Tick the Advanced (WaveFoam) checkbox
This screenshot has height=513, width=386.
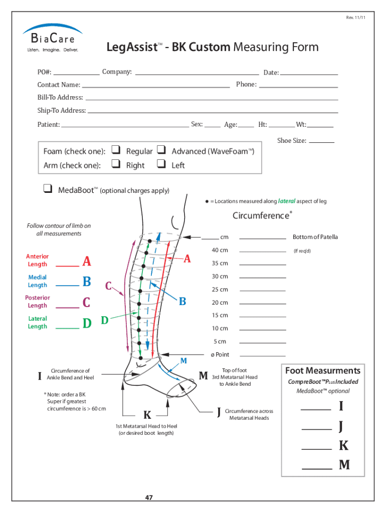coord(161,149)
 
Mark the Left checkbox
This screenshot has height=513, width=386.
coord(161,163)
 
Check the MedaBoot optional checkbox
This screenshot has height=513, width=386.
coord(48,189)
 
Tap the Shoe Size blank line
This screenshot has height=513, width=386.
coord(322,142)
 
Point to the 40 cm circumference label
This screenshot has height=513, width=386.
coord(220,250)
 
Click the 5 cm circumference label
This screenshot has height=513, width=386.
coord(220,341)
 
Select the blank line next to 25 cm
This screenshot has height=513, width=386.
coord(263,291)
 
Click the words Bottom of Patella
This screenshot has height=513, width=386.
coord(315,237)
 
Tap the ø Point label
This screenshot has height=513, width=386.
coord(220,354)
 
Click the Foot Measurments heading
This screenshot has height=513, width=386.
coord(322,371)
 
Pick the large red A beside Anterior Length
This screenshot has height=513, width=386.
coord(87,262)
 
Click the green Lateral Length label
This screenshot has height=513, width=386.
coord(37,322)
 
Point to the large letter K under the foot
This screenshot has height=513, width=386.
coord(147,415)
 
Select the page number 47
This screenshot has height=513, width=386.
coord(149,497)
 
